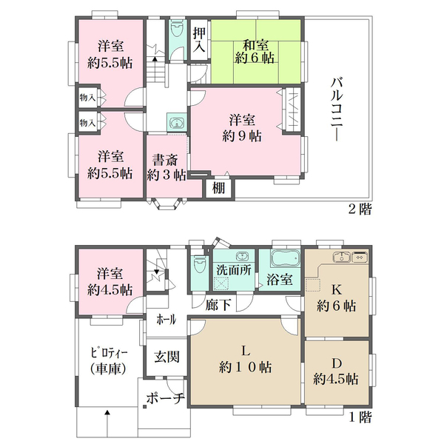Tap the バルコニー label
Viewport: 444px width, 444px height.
(337, 111)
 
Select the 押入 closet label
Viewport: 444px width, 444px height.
(199, 41)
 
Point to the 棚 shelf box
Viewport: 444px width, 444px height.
(218, 188)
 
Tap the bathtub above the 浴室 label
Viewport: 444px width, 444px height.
(283, 259)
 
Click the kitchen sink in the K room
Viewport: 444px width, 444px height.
(342, 258)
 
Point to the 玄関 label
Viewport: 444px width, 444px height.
(166, 356)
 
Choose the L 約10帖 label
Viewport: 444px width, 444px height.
(243, 359)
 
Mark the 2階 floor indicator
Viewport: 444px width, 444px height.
(359, 209)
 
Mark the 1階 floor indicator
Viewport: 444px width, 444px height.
(359, 417)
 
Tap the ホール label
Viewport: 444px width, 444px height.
(166, 319)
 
